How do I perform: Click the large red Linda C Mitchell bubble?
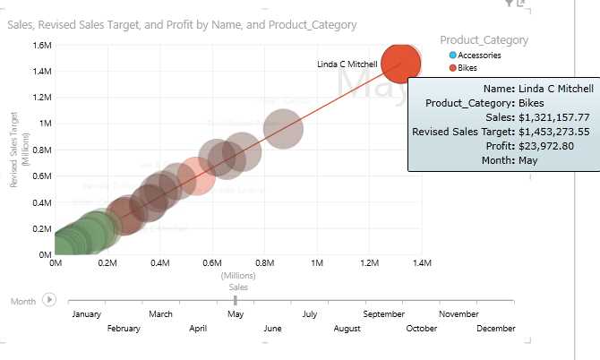(400, 64)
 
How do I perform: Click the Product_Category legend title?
(484, 39)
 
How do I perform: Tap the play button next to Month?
(49, 301)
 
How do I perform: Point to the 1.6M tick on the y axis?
(39, 44)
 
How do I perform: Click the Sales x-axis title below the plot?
(238, 287)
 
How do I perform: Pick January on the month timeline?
(85, 314)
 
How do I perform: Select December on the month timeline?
(497, 329)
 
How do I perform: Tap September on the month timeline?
(385, 314)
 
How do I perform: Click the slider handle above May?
(235, 301)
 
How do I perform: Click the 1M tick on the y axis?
(44, 123)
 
